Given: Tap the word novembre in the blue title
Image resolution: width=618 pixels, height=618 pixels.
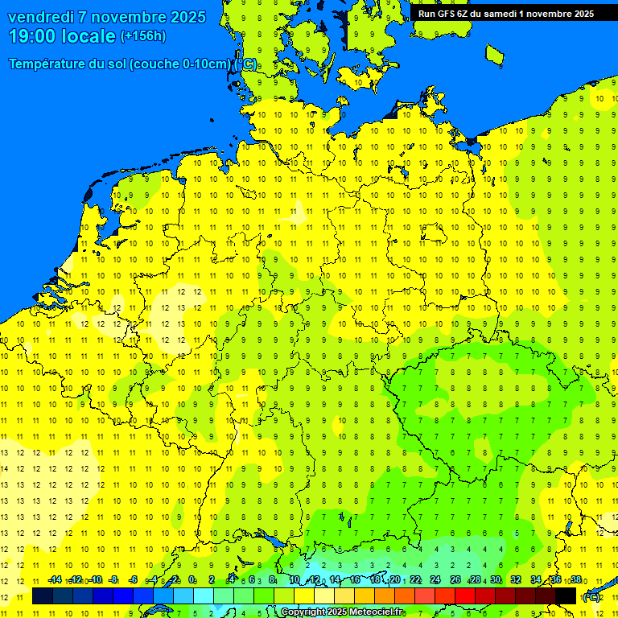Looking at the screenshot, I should tap(125, 17).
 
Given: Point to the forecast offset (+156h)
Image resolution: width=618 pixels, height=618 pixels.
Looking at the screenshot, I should tap(143, 36).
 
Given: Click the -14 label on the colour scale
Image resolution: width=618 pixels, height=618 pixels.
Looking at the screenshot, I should tap(55, 580).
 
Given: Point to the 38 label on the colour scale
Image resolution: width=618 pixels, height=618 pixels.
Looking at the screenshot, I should tap(576, 580).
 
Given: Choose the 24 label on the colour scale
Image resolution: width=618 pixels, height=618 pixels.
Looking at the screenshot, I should tap(435, 580).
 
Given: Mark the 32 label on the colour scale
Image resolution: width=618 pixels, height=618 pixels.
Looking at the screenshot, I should tap(516, 580).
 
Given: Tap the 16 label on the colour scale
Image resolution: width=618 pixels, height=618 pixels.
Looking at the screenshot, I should tap(355, 580).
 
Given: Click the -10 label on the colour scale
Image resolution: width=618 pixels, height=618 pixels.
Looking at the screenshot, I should tap(95, 580).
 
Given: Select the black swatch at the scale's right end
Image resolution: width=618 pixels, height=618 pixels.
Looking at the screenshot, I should tap(566, 595).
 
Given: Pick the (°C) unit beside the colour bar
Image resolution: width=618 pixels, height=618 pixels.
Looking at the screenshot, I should tap(591, 596).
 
